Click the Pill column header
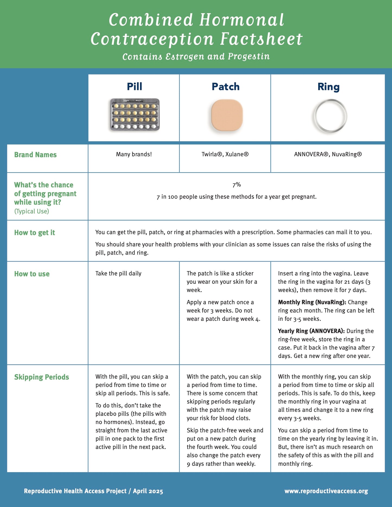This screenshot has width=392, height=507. (x=134, y=86)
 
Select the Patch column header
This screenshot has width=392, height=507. (x=225, y=86)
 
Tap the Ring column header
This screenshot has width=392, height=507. (x=328, y=87)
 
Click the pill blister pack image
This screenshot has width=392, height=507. (x=135, y=115)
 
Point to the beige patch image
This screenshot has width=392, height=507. (x=227, y=115)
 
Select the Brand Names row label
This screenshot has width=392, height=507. (x=35, y=155)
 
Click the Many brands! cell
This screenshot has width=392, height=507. (x=134, y=154)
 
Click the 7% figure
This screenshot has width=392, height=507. (x=237, y=185)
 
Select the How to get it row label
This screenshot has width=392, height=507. (x=34, y=233)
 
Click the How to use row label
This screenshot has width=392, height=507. (x=32, y=274)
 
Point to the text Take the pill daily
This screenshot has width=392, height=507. (x=118, y=273)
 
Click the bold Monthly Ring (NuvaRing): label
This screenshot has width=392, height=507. (x=312, y=302)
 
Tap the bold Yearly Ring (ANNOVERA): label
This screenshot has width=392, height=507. (x=311, y=331)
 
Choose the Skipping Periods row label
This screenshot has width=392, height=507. (x=42, y=377)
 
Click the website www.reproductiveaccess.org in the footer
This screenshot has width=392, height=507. (x=326, y=491)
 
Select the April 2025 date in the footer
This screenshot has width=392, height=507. (x=148, y=491)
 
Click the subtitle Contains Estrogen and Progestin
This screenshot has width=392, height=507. (x=196, y=56)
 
